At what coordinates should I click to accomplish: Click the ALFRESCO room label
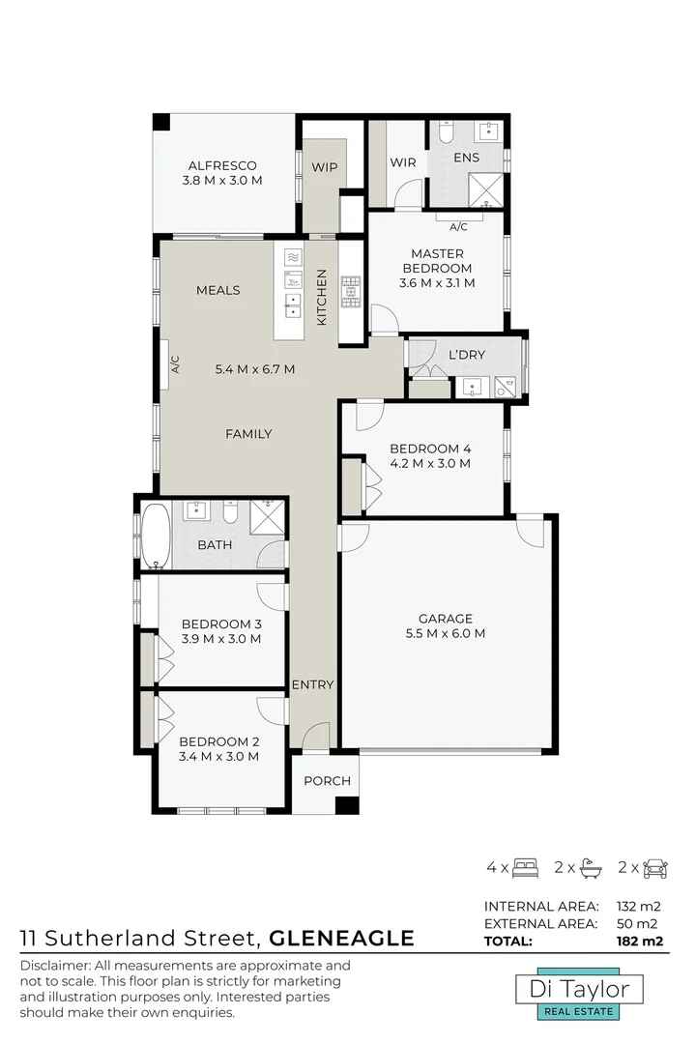pyautogui.click(x=222, y=165)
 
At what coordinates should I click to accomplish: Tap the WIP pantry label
pyautogui.click(x=324, y=166)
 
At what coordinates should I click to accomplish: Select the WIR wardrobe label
pyautogui.click(x=403, y=162)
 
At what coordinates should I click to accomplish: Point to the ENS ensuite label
pyautogui.click(x=466, y=157)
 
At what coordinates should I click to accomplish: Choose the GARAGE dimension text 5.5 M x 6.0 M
pyautogui.click(x=445, y=634)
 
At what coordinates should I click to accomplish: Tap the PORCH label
pyautogui.click(x=327, y=781)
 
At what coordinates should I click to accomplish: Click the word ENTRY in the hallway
pyautogui.click(x=313, y=684)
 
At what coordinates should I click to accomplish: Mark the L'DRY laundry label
pyautogui.click(x=467, y=355)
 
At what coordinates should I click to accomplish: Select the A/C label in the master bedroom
pyautogui.click(x=459, y=227)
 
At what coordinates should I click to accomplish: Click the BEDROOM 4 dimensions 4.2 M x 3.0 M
pyautogui.click(x=430, y=463)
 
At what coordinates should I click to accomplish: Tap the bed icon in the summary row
pyautogui.click(x=526, y=867)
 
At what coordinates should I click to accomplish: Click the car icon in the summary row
pyautogui.click(x=654, y=867)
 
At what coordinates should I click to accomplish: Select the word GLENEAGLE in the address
pyautogui.click(x=341, y=938)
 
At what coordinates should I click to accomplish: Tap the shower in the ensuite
pyautogui.click(x=486, y=188)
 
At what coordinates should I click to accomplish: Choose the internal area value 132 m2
pyautogui.click(x=642, y=907)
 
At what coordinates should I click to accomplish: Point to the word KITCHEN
pyautogui.click(x=322, y=296)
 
